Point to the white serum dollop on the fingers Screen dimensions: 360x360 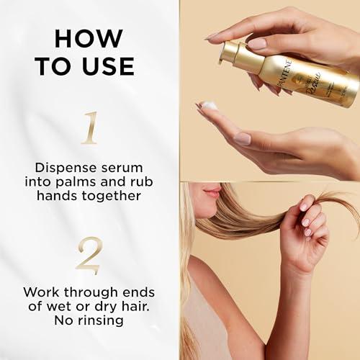209,106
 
